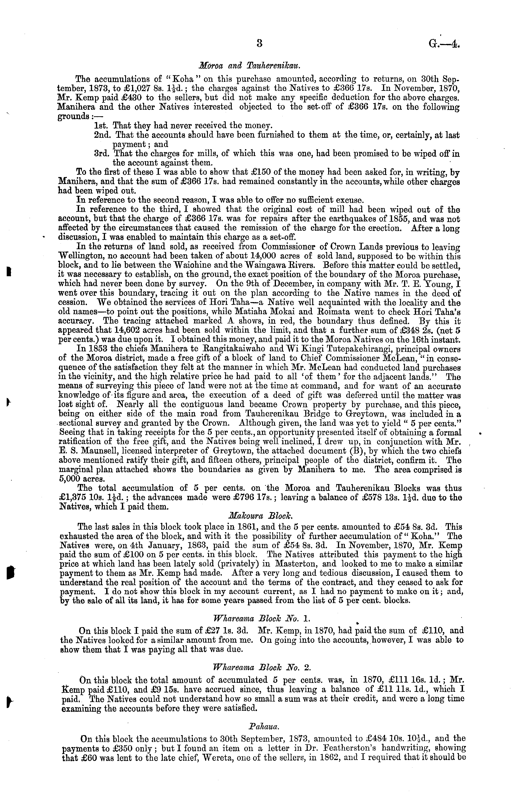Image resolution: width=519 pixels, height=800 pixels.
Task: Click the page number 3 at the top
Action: [x=259, y=44]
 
